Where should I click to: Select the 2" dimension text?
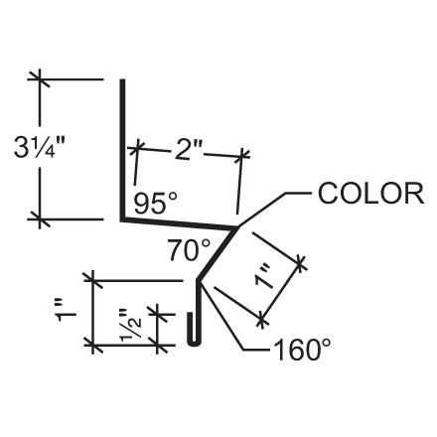tap(189, 150)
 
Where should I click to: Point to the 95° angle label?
tap(156, 204)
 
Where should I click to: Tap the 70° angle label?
tap(189, 251)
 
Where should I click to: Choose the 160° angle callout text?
tap(301, 350)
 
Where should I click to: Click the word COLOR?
tap(369, 193)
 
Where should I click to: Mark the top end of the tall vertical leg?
tap(123, 82)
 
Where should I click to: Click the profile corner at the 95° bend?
tap(124, 219)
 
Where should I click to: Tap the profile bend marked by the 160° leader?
tap(200, 282)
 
